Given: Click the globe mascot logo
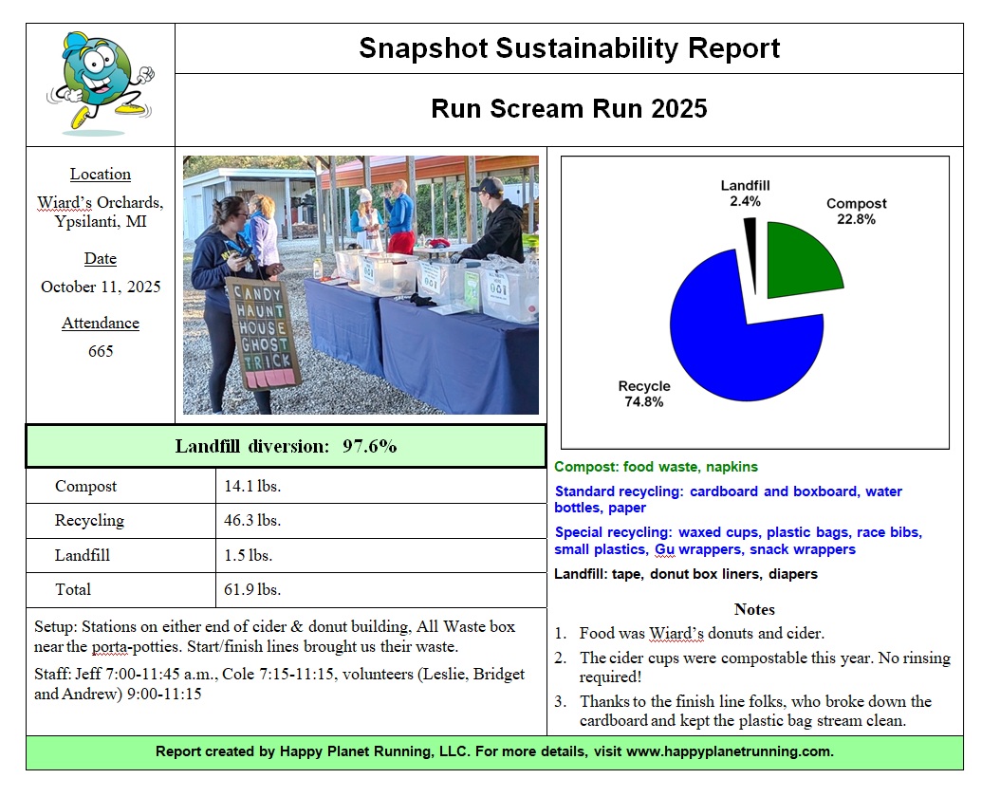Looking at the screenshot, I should [99, 83].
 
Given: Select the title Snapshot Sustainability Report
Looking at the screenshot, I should [569, 48].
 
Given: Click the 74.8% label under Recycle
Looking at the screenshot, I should [643, 402].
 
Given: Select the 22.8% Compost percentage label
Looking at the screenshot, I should [856, 219].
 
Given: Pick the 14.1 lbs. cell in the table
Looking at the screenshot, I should [252, 487].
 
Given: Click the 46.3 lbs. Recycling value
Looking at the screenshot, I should [252, 521].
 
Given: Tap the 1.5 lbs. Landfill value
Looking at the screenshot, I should [249, 555].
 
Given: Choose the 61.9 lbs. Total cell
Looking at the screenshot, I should [252, 589].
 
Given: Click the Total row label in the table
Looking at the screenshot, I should [73, 589].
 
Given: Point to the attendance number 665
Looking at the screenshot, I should [101, 351].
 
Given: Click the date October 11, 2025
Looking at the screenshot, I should [101, 287].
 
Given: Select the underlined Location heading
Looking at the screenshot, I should [101, 174].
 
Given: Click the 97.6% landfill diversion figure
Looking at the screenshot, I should [369, 446].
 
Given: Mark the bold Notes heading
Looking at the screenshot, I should [754, 609].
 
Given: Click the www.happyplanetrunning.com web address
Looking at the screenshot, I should [730, 751].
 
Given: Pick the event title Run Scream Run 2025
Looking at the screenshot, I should [569, 108].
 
